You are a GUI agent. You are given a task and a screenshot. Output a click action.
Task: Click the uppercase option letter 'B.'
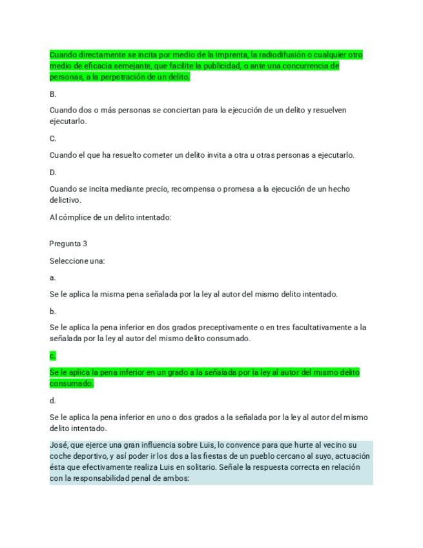coord(53,94)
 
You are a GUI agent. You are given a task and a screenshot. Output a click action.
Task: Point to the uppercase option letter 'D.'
coord(53,173)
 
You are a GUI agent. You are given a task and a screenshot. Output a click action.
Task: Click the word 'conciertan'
coord(180,111)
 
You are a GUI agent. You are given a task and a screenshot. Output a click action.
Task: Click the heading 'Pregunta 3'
coord(68,244)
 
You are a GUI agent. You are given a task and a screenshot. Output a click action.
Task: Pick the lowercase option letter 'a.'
coord(52,278)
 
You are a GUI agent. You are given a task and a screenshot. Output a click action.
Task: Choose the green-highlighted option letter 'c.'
coord(52,355)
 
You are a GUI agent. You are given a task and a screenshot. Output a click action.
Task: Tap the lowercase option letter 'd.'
coord(52,401)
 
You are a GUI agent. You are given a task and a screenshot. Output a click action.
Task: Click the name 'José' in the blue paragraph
coord(58,445)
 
